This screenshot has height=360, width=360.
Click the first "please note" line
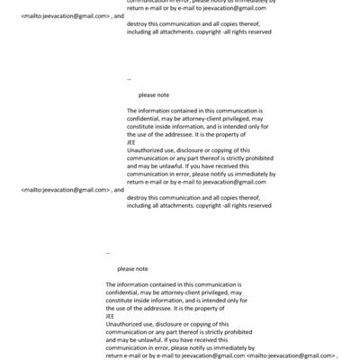[x=154, y=94]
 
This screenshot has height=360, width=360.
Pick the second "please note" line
[x=132, y=268]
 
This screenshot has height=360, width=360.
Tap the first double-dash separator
[x=130, y=78]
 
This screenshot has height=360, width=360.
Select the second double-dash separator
[x=108, y=252]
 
